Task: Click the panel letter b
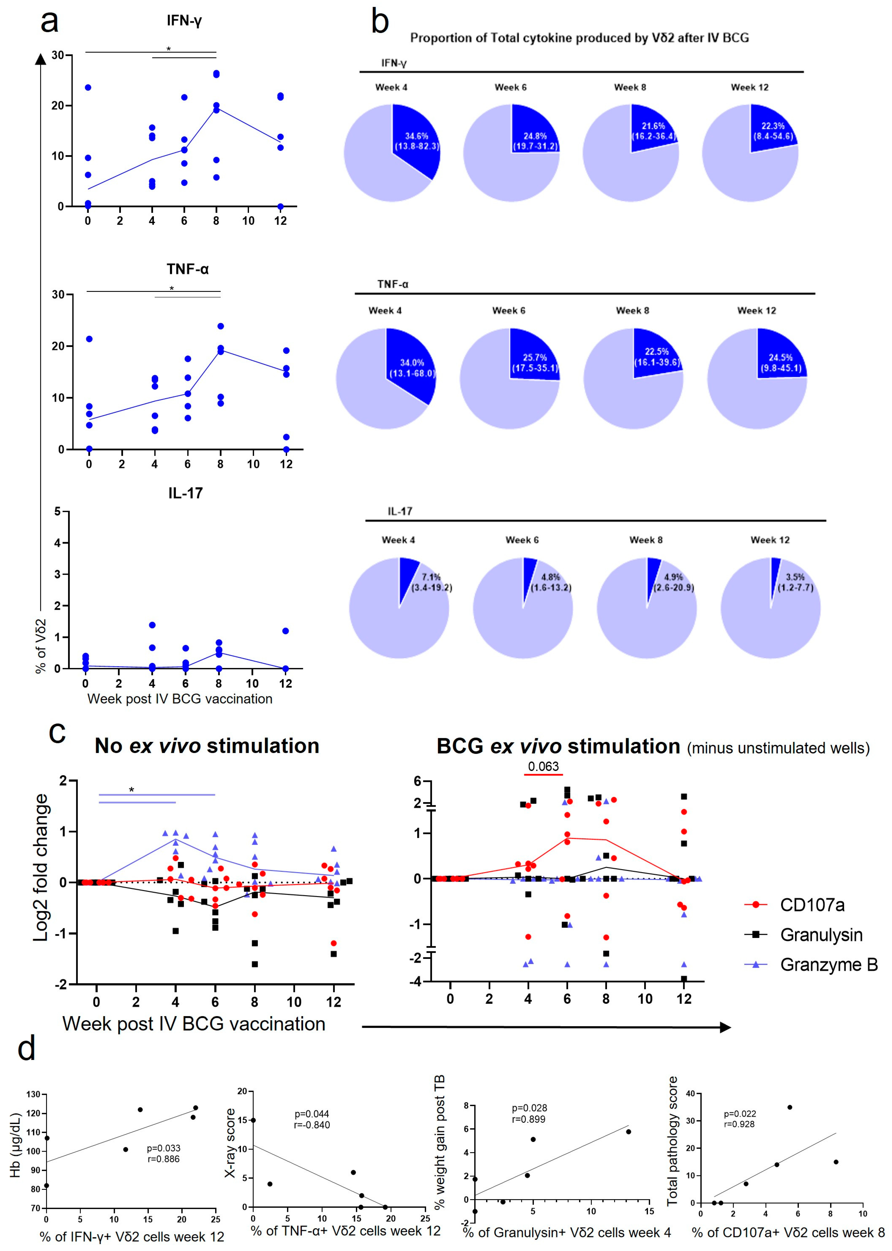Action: pos(380,22)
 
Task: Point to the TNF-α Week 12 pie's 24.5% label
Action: pos(780,358)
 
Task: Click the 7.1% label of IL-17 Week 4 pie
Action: pos(431,577)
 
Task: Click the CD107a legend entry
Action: pos(812,905)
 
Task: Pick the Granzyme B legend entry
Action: pos(828,965)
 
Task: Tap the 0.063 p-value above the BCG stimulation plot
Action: pos(543,766)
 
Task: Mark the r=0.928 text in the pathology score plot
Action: pos(739,1124)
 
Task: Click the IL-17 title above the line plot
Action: pos(186,493)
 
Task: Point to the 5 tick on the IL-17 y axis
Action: pos(57,511)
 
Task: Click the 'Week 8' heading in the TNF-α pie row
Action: pos(632,310)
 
